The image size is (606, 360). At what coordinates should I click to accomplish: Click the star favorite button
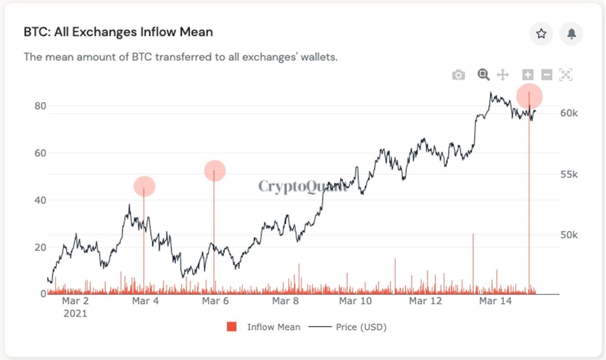tap(541, 34)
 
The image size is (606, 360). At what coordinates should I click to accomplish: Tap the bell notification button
tap(571, 34)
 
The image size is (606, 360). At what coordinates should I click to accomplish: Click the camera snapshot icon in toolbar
tap(458, 75)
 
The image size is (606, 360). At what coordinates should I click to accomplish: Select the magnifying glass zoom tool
tap(483, 74)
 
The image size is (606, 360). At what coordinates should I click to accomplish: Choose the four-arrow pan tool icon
tap(502, 75)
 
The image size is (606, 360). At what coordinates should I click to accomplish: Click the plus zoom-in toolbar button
tap(527, 75)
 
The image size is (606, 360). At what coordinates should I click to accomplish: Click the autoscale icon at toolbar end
tap(566, 75)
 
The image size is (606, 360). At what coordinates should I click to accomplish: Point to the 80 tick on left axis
tap(40, 105)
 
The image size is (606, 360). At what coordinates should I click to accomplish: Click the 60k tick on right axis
tap(568, 113)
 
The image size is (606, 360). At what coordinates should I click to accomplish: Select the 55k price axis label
tap(568, 174)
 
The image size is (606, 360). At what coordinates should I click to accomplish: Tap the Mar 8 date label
tap(285, 301)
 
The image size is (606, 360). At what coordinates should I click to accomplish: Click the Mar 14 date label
tap(495, 301)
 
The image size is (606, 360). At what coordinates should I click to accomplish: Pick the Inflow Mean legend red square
tap(232, 327)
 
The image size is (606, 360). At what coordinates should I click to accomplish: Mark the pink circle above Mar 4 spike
tap(144, 186)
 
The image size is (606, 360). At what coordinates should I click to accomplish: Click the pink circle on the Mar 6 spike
tap(215, 171)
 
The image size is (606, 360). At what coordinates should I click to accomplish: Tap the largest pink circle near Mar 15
tap(529, 97)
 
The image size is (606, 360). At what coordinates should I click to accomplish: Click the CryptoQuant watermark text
tap(303, 186)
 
